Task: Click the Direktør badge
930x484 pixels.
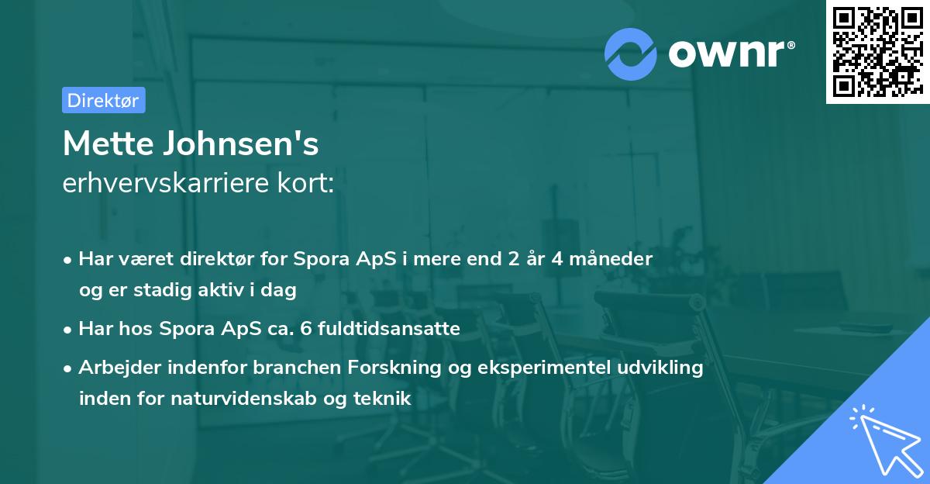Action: point(103,100)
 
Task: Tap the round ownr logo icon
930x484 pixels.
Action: point(631,54)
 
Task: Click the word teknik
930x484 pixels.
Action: point(381,399)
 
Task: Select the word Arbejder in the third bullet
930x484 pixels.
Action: point(113,368)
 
